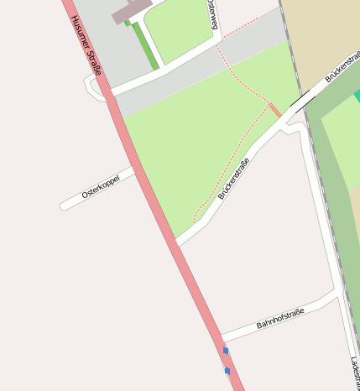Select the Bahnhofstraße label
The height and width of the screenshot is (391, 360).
pyautogui.click(x=280, y=318)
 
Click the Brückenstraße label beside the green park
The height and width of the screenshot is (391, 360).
pyautogui.click(x=234, y=179)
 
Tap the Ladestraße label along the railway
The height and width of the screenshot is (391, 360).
pyautogui.click(x=355, y=373)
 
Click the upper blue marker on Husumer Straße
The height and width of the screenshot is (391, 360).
pyautogui.click(x=225, y=351)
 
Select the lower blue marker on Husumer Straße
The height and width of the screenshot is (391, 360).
pyautogui.click(x=227, y=370)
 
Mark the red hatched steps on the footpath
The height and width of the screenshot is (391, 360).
pyautogui.click(x=274, y=110)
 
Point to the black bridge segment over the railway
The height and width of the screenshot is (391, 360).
pyautogui.click(x=300, y=102)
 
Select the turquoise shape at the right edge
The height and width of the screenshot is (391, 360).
pyautogui.click(x=357, y=96)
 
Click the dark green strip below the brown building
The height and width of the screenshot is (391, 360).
pyautogui.click(x=146, y=46)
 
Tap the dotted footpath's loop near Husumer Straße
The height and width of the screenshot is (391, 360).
pyautogui.click(x=197, y=216)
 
